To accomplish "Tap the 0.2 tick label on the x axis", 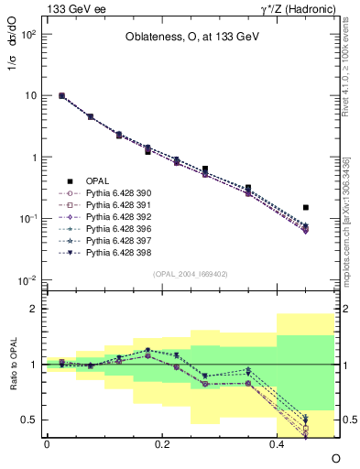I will (x=162, y=442).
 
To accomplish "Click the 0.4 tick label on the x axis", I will (x=278, y=442).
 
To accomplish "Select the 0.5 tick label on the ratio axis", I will (x=29, y=420).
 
